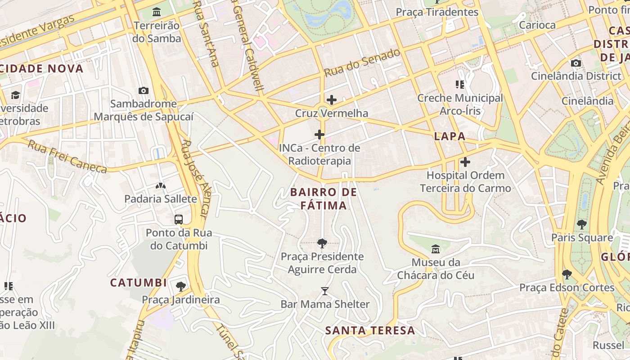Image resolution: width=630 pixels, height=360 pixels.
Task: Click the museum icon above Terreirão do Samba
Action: click(x=157, y=12)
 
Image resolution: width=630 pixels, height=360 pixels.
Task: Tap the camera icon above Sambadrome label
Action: click(x=144, y=90)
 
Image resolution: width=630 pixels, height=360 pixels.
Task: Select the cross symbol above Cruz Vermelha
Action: click(x=332, y=100)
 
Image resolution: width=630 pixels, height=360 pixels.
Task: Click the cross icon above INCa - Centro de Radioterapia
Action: click(x=319, y=135)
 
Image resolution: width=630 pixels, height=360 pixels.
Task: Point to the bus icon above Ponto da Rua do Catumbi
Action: click(x=179, y=220)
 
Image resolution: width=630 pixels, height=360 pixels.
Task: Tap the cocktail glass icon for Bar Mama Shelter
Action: click(x=325, y=291)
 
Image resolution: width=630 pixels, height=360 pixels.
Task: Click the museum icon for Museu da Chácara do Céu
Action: click(x=436, y=248)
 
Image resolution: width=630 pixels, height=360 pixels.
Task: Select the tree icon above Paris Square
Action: click(x=582, y=224)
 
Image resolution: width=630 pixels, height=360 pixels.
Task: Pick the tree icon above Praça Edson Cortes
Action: click(x=567, y=274)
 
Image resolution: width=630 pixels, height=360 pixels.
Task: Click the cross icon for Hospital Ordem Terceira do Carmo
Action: click(x=465, y=162)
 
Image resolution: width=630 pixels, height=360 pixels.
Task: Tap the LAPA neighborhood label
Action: click(x=450, y=137)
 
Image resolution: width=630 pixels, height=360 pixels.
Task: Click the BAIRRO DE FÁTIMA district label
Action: click(x=324, y=199)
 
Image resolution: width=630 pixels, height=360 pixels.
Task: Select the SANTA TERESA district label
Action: click(x=370, y=331)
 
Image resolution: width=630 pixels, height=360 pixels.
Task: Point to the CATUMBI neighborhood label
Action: click(x=139, y=283)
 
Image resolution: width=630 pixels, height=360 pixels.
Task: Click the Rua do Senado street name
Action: click(x=362, y=63)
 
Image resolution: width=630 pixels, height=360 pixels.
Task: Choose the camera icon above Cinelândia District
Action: click(x=576, y=63)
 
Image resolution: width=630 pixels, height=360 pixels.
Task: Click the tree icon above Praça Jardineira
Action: click(x=180, y=286)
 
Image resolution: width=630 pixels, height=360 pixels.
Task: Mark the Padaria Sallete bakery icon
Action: click(x=160, y=185)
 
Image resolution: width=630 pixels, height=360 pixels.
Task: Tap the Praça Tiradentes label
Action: click(x=437, y=12)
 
